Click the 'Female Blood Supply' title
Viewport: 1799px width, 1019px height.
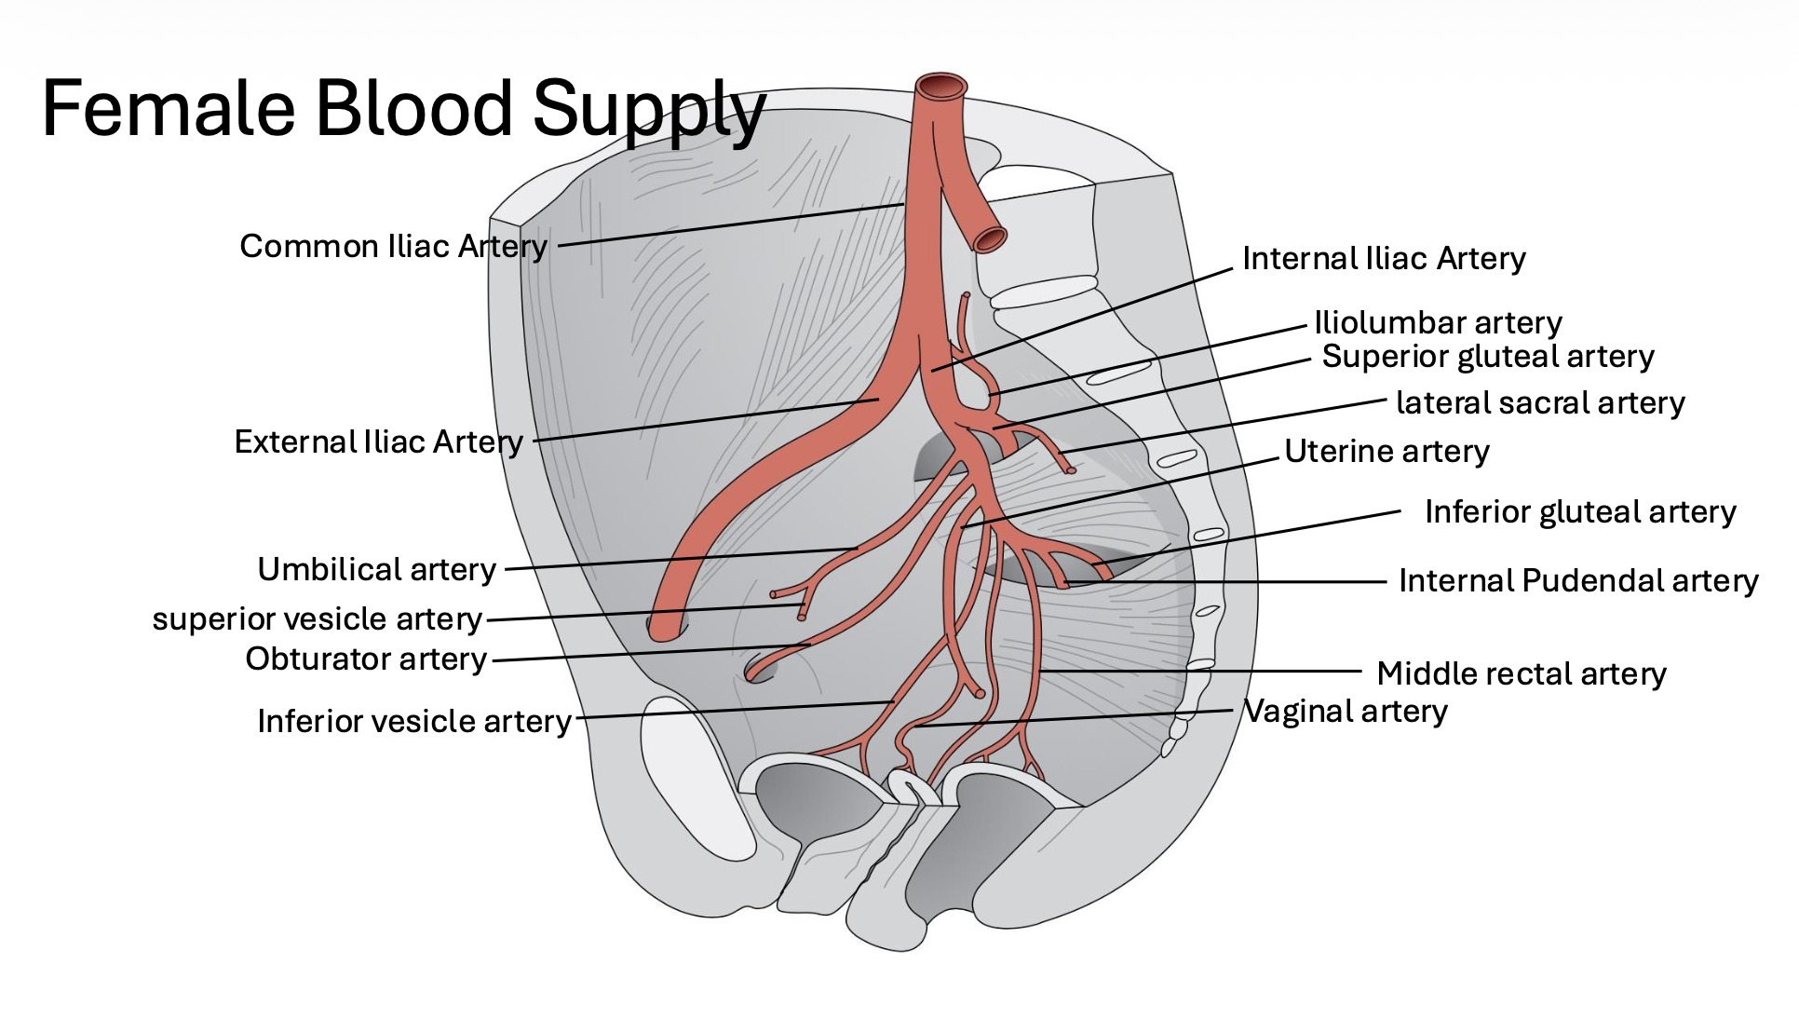tap(403, 109)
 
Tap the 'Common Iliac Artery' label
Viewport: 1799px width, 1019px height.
tap(393, 246)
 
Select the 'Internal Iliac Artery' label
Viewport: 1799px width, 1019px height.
tap(1384, 258)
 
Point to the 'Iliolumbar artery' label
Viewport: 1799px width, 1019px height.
tap(1438, 322)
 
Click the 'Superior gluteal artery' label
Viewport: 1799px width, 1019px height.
tap(1488, 356)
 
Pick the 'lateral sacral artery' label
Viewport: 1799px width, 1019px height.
tap(1540, 402)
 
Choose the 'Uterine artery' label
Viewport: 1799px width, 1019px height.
tap(1386, 451)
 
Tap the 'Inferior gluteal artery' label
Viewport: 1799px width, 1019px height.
tap(1580, 511)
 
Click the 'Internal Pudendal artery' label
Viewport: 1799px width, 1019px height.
tap(1578, 580)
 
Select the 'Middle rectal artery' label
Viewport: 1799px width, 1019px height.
tap(1522, 673)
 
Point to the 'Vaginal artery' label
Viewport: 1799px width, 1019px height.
tap(1346, 711)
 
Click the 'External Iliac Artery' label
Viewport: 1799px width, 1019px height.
tap(378, 442)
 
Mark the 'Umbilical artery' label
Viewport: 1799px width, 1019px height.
tap(376, 569)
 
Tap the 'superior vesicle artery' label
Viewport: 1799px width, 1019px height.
tap(317, 618)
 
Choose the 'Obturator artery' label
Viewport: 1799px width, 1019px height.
tap(366, 659)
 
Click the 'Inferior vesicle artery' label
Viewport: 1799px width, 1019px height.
tap(414, 721)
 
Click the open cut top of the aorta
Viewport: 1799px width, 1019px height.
tap(941, 87)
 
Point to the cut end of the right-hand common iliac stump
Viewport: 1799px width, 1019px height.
tap(990, 240)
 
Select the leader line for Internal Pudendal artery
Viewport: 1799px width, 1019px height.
tap(1229, 582)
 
